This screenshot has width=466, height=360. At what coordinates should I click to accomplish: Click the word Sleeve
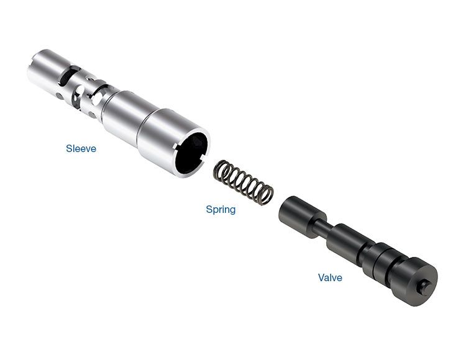[81, 148]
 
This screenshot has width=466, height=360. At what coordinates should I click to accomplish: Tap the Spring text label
[221, 210]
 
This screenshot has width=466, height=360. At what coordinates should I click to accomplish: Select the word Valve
[330, 277]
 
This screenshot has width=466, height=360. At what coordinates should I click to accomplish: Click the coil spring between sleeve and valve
[244, 182]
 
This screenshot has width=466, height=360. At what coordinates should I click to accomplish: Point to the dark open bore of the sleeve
[192, 153]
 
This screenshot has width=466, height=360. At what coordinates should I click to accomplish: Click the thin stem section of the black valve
[321, 227]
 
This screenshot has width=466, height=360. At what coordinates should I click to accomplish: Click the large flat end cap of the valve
[416, 281]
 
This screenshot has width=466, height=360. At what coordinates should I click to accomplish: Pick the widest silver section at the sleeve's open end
[172, 143]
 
